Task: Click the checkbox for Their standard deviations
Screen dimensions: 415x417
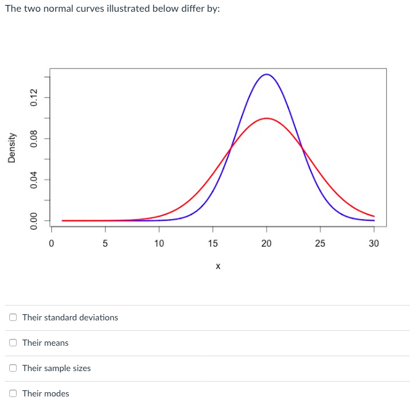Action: click(13, 317)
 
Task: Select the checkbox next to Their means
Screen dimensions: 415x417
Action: click(13, 343)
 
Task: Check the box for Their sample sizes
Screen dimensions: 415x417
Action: click(13, 368)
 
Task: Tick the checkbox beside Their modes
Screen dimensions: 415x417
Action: click(13, 393)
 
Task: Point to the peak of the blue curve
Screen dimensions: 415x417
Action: click(266, 74)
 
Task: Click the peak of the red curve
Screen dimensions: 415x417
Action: click(266, 118)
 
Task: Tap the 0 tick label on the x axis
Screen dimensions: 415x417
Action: click(51, 244)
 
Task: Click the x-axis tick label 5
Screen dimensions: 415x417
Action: click(105, 244)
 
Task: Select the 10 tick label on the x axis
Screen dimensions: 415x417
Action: click(159, 244)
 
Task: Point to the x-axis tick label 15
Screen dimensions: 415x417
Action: click(213, 244)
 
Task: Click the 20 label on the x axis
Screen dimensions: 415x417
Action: click(266, 244)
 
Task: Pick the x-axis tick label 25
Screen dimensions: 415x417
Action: click(320, 244)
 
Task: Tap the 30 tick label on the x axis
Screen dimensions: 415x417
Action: click(374, 244)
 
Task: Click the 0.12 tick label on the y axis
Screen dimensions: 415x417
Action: click(35, 98)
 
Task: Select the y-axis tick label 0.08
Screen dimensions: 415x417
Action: click(35, 139)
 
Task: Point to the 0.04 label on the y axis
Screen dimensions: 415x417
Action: click(35, 179)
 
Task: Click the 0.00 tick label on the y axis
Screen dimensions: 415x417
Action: click(35, 220)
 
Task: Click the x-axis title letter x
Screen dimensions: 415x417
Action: click(218, 267)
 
